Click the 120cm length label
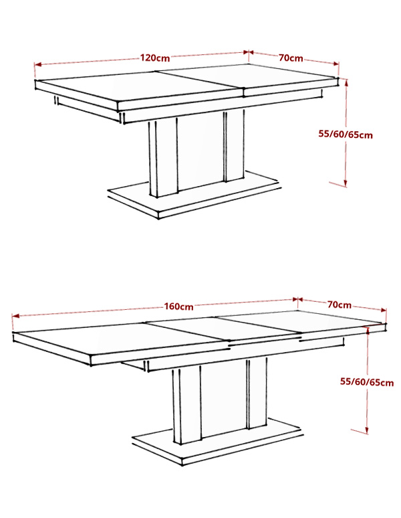[155, 58]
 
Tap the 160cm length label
[178, 307]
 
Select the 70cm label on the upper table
[291, 58]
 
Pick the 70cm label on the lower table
[340, 305]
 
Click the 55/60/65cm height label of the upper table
[346, 135]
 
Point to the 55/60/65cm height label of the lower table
[367, 382]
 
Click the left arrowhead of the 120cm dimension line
[37, 65]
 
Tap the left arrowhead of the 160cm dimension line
[15, 316]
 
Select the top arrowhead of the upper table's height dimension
[346, 82]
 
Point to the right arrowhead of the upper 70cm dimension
[336, 64]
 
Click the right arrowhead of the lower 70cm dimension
[383, 310]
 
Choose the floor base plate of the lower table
[217, 442]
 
